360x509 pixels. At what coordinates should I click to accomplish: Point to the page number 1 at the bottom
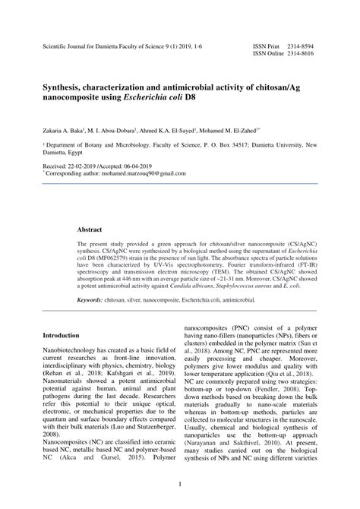tap(180, 485)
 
